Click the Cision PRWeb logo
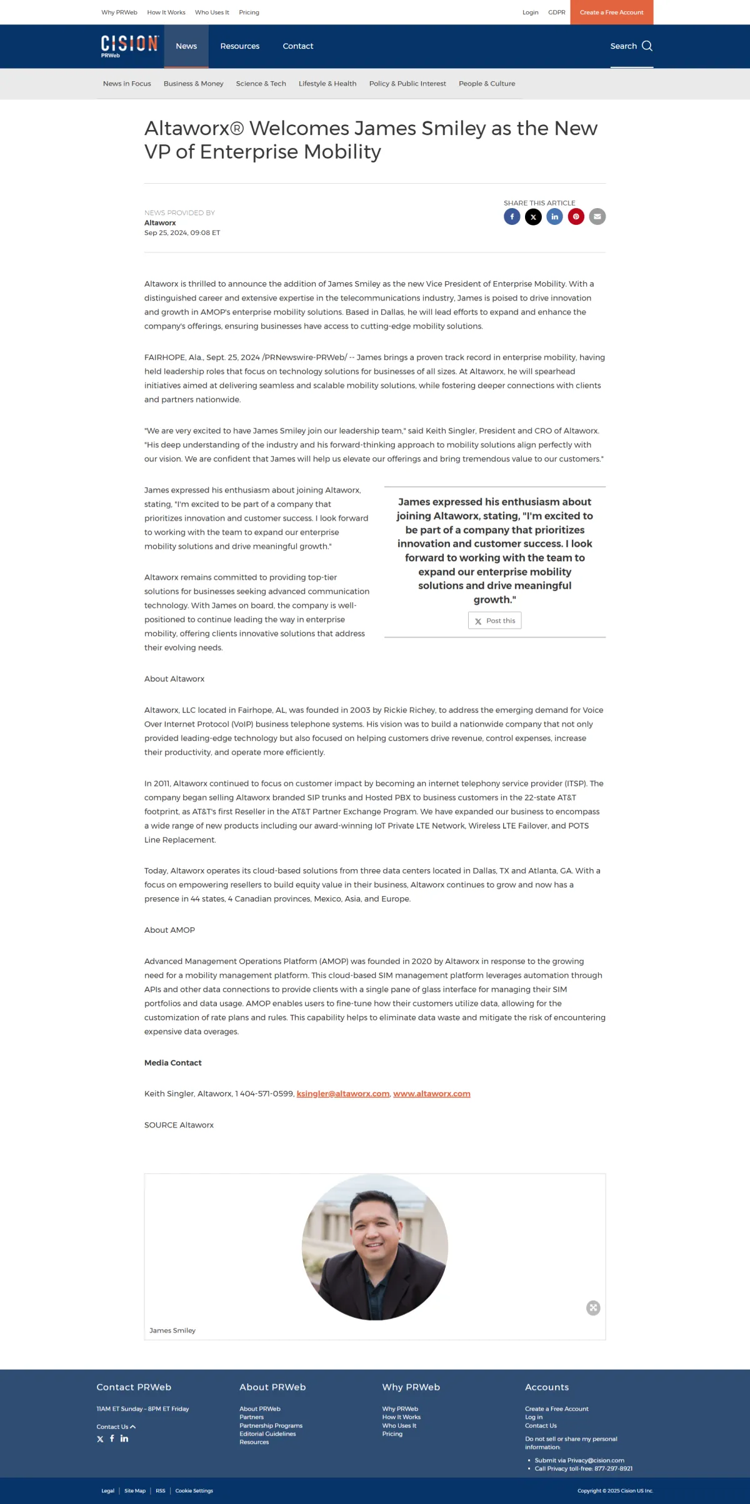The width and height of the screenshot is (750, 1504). tap(129, 46)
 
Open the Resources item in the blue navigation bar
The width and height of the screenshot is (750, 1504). tap(239, 46)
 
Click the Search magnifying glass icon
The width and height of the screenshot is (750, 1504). tap(647, 46)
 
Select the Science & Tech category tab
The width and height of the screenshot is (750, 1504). tap(261, 84)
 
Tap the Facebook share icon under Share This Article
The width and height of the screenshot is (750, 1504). tap(512, 217)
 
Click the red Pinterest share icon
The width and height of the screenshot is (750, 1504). tap(576, 217)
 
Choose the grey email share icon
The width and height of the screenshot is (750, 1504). tap(597, 217)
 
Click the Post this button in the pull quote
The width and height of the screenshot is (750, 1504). tap(494, 620)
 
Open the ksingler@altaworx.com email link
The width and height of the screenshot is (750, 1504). tap(343, 1093)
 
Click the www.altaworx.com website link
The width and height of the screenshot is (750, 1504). tap(431, 1093)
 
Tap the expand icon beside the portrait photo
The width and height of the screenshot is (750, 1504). tap(593, 1308)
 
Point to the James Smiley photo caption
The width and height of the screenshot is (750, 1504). tap(172, 1330)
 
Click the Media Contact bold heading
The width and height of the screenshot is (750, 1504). tap(173, 1063)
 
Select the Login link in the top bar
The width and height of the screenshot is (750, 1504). tap(530, 12)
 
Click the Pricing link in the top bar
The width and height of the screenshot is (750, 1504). tap(249, 12)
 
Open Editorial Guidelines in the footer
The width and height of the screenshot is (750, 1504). tap(267, 1433)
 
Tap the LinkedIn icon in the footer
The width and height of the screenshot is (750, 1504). tap(124, 1438)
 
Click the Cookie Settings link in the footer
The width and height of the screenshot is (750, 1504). tap(194, 1490)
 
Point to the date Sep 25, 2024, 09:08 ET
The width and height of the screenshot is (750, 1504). tap(182, 232)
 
